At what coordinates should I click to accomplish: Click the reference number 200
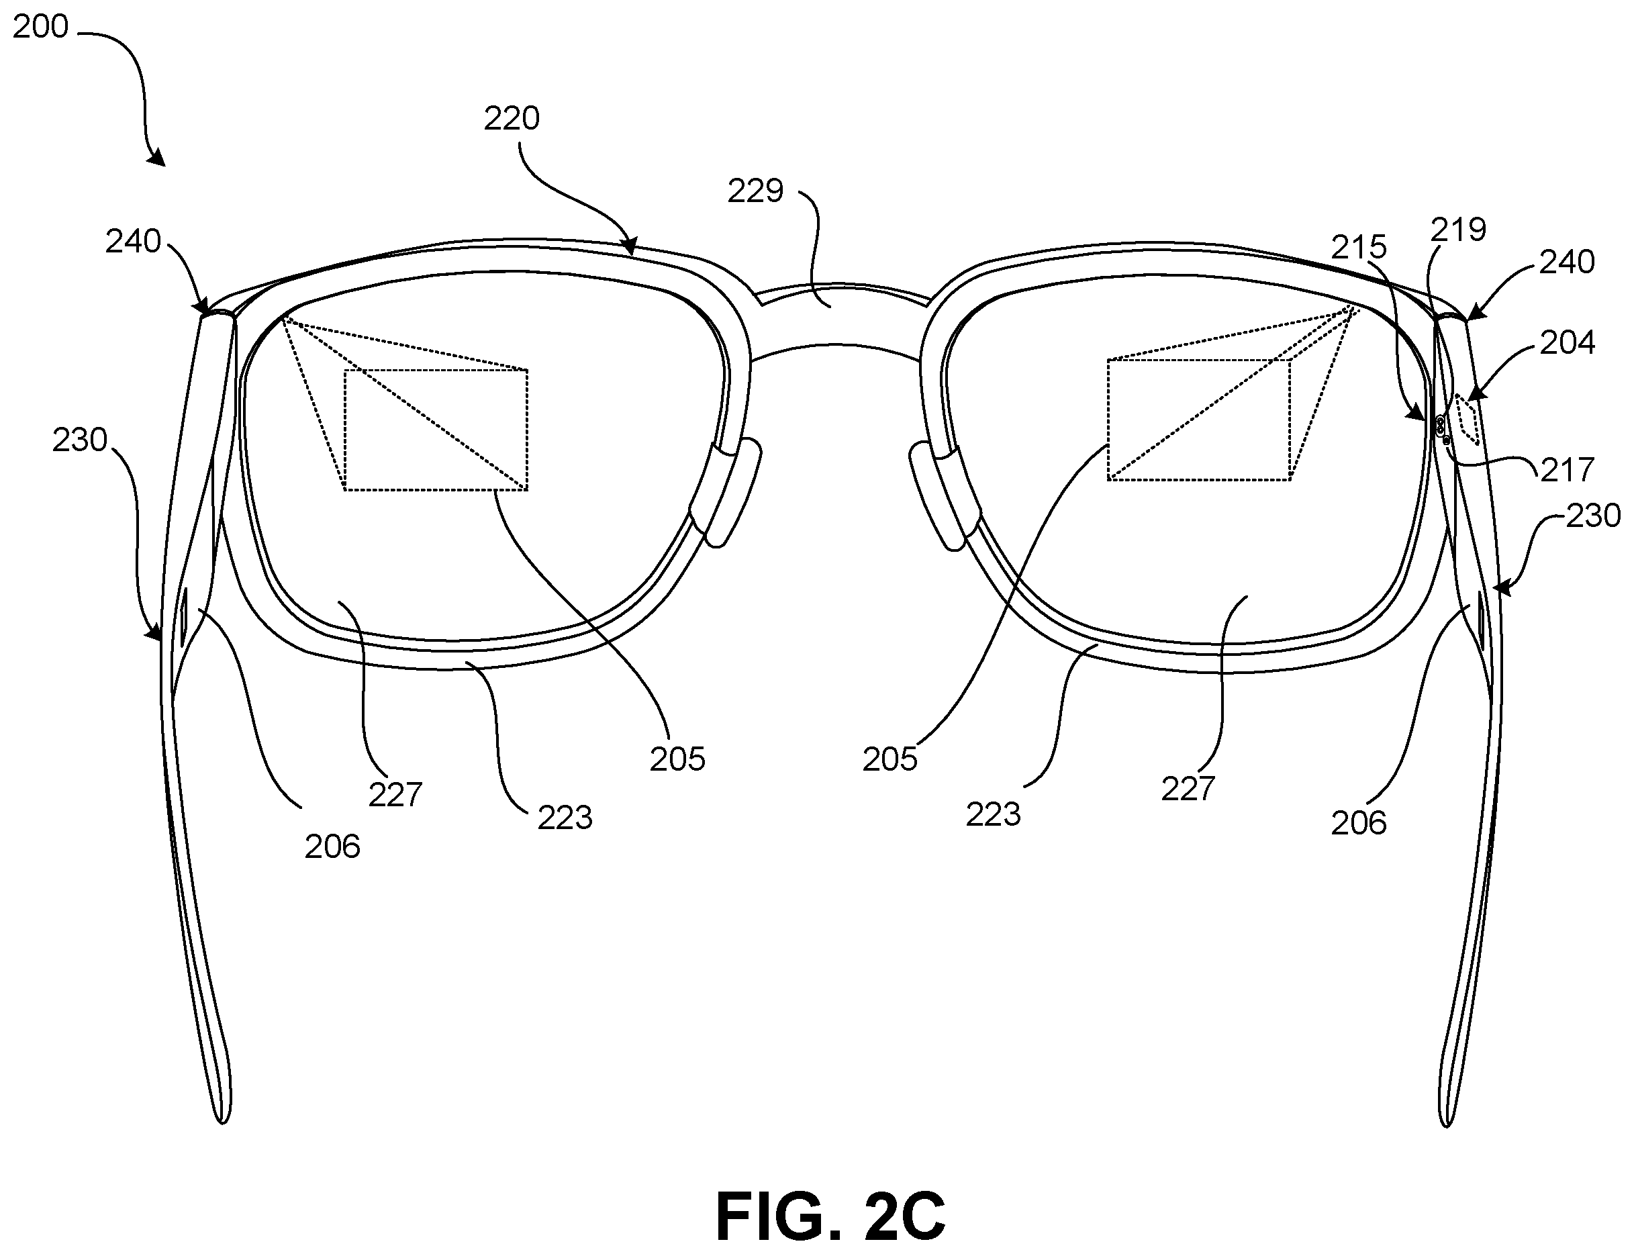pyautogui.click(x=41, y=27)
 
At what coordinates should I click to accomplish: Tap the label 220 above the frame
pyautogui.click(x=512, y=119)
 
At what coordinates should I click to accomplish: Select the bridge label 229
pyautogui.click(x=755, y=192)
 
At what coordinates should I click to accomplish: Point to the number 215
pyautogui.click(x=1359, y=247)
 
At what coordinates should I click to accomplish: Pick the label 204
pyautogui.click(x=1567, y=342)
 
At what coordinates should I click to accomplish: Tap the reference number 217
pyautogui.click(x=1567, y=470)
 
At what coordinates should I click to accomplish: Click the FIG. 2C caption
pyautogui.click(x=830, y=1215)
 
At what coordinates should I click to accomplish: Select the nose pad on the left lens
pyautogui.click(x=724, y=493)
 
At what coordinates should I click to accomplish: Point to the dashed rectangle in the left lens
pyautogui.click(x=436, y=430)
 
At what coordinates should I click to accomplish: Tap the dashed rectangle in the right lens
pyautogui.click(x=1199, y=420)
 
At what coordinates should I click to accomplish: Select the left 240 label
pyautogui.click(x=133, y=242)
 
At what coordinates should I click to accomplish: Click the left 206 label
pyautogui.click(x=332, y=847)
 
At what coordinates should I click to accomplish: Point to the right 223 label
pyautogui.click(x=994, y=815)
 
